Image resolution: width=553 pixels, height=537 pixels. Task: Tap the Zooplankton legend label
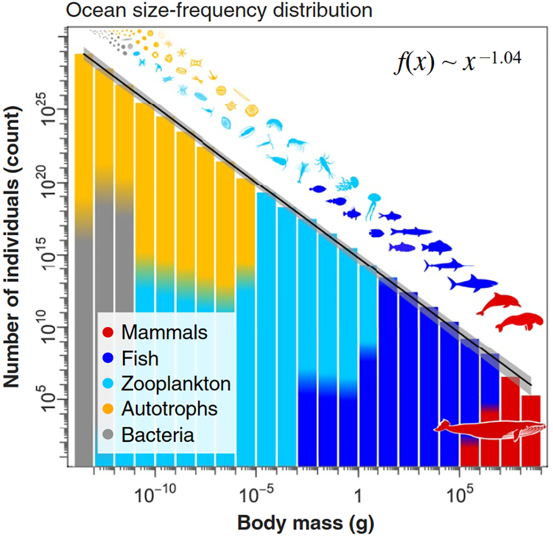176,383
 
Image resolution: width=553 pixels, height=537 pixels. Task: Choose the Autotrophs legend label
169,409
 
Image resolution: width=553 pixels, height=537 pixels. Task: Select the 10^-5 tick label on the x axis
256,493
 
